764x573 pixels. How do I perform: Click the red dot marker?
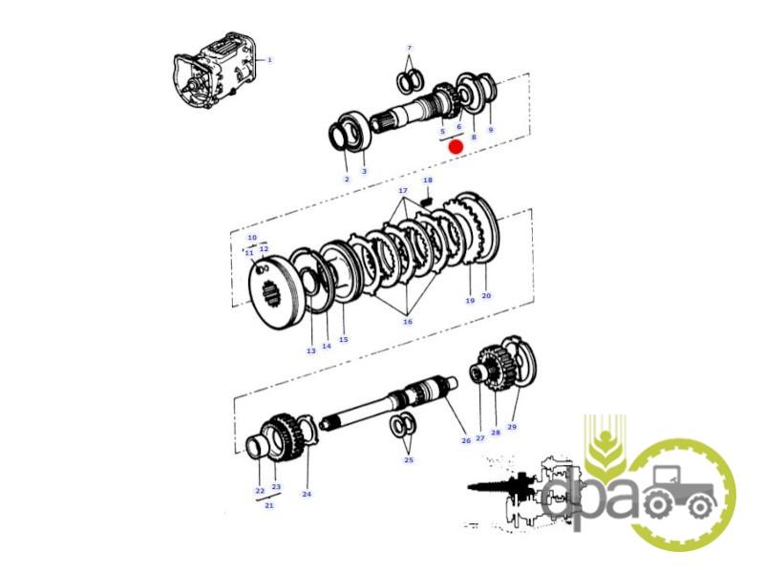click(456, 147)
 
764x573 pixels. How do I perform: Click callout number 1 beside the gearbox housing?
click(269, 60)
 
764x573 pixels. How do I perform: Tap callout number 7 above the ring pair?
click(410, 48)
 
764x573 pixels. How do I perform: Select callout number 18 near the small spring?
click(428, 180)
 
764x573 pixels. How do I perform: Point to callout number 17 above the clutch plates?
click(403, 190)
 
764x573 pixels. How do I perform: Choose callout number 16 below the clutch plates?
click(408, 322)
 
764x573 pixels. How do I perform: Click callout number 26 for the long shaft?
click(466, 440)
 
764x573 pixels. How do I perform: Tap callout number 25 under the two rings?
click(409, 460)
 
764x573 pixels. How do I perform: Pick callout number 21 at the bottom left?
click(269, 505)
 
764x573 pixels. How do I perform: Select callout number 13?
click(311, 350)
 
